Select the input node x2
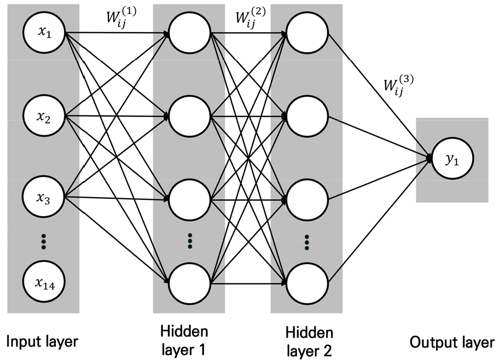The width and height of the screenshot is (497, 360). click(43, 115)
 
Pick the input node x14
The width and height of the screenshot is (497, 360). click(43, 283)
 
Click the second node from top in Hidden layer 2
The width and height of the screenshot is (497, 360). click(307, 115)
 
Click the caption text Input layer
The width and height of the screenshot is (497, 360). click(42, 342)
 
